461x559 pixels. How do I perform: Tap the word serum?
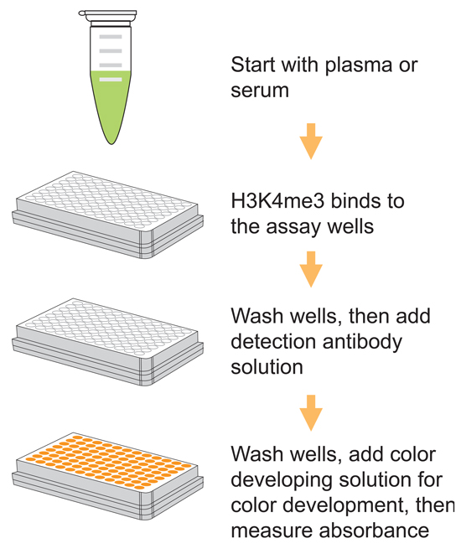(x=260, y=91)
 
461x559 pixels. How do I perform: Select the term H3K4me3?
(x=277, y=201)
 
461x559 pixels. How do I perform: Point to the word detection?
(x=273, y=342)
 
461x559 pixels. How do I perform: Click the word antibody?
(x=362, y=343)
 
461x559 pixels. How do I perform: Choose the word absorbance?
(x=374, y=531)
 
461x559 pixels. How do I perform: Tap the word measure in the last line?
(x=272, y=531)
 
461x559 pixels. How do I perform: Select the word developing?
(x=282, y=481)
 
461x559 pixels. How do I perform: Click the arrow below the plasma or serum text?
(x=311, y=141)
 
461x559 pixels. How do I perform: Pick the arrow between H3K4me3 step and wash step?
(x=311, y=269)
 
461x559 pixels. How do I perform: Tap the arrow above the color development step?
(x=311, y=412)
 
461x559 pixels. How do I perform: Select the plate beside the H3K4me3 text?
(x=107, y=215)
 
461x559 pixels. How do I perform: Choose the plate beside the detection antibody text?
(x=107, y=342)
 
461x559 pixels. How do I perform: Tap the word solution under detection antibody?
(x=267, y=367)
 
